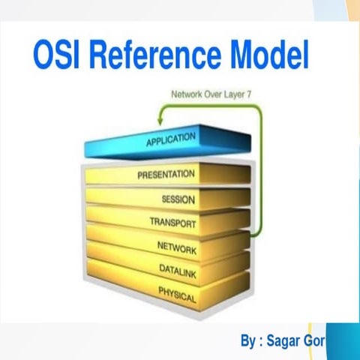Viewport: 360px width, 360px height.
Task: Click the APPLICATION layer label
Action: [x=170, y=140]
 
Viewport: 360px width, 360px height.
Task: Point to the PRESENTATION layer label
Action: [x=166, y=175]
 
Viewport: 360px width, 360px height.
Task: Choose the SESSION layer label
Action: [x=178, y=199]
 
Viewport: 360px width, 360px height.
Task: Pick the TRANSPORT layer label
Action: [x=172, y=223]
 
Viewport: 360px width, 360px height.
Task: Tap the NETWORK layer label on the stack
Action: [x=177, y=247]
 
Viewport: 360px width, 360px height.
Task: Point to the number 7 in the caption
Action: [x=250, y=95]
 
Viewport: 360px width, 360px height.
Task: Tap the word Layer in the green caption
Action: [x=232, y=95]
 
